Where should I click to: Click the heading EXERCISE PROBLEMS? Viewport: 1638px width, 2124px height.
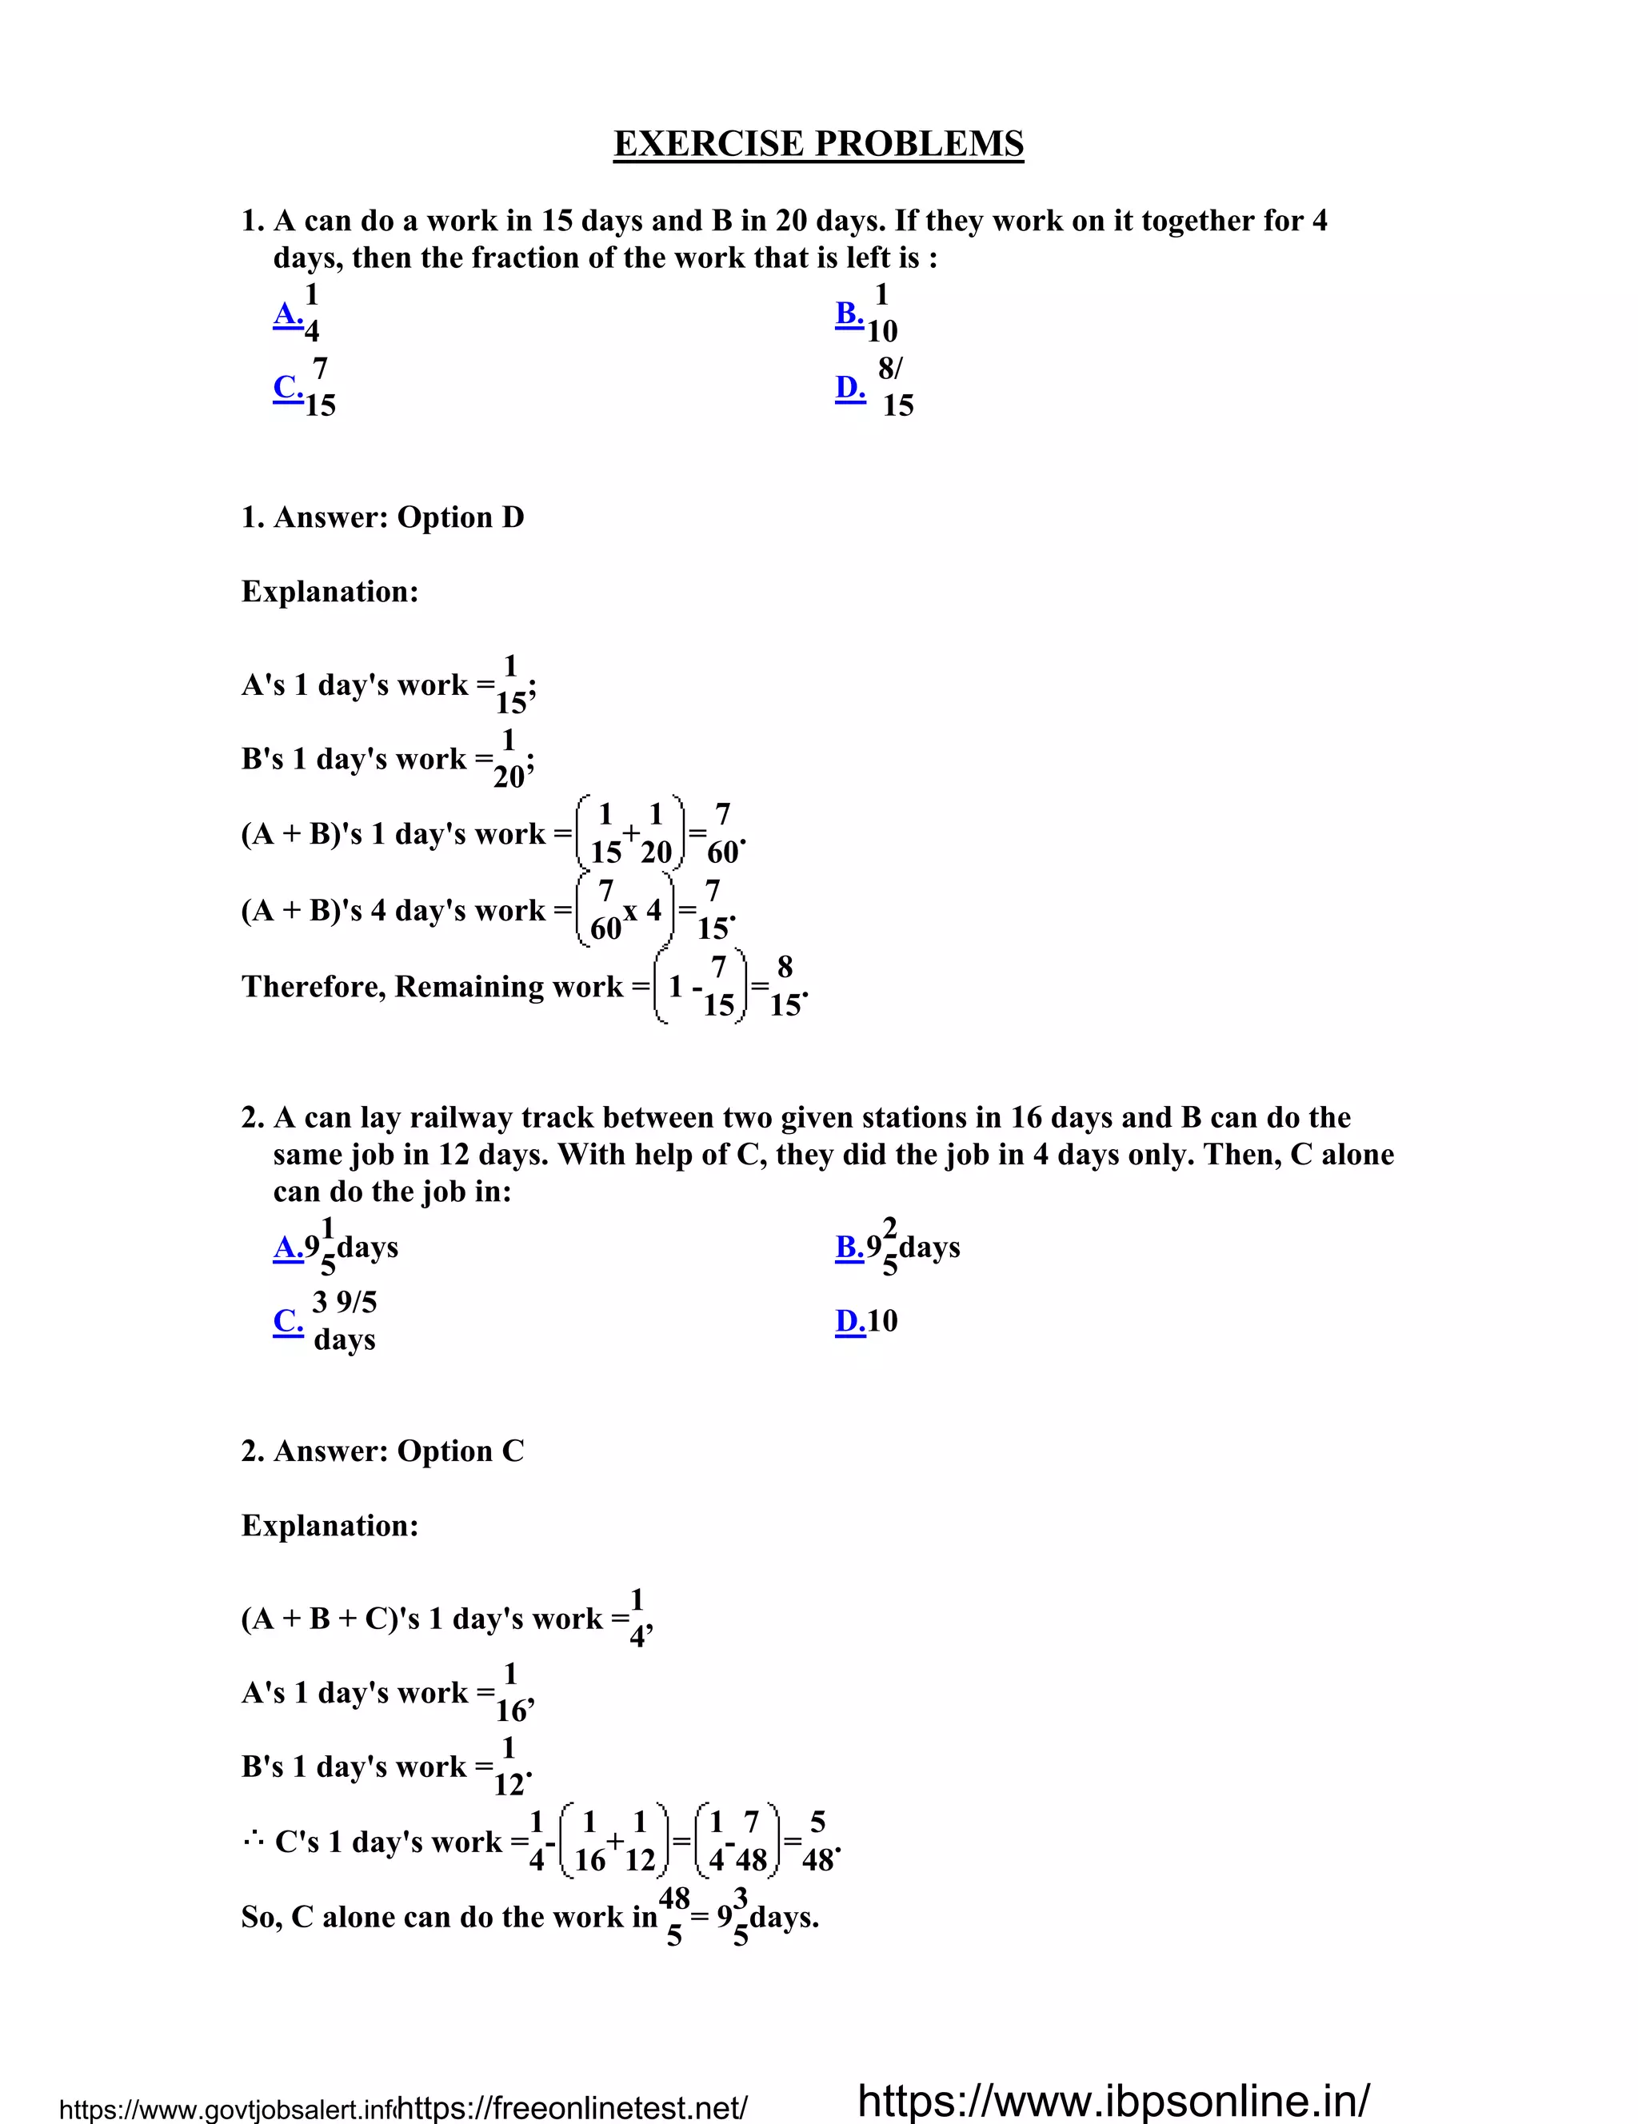click(x=818, y=144)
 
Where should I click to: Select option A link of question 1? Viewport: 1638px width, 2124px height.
click(x=288, y=313)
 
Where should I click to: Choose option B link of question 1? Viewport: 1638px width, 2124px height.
click(x=849, y=313)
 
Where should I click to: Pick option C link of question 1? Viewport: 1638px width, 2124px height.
click(x=288, y=387)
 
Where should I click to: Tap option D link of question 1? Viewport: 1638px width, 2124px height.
click(x=850, y=387)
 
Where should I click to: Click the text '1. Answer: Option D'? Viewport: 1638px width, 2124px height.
click(x=382, y=517)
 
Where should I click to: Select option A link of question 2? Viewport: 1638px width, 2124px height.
click(x=288, y=1247)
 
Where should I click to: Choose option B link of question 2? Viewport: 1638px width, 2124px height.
click(x=849, y=1247)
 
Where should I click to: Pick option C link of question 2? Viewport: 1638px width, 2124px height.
click(x=288, y=1320)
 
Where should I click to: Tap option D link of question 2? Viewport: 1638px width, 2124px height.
click(x=850, y=1320)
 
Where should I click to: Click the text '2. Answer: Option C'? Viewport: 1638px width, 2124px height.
click(x=382, y=1451)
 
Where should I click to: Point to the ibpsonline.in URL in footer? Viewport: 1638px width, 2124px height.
click(x=1113, y=2100)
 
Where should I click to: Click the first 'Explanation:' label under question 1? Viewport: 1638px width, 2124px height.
click(x=330, y=591)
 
